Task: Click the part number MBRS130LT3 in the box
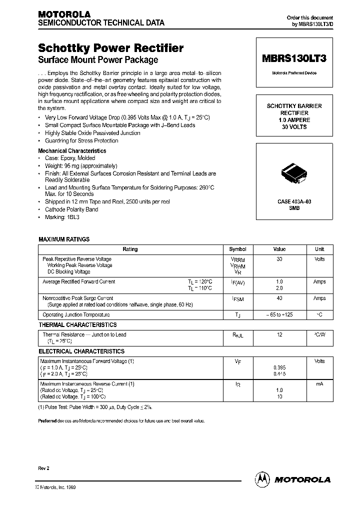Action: pos(294,58)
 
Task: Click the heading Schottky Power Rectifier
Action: pos(110,48)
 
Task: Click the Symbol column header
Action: pos(237,249)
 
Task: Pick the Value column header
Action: pos(279,249)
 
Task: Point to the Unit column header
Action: pos(319,249)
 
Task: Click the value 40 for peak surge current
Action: pos(279,298)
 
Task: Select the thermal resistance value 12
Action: pos(279,334)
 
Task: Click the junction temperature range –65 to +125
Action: pos(279,315)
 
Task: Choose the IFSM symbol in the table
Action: pos(237,299)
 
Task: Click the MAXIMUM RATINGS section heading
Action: pos(64,239)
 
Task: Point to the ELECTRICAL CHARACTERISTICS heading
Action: pos(81,351)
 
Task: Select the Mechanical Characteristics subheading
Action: pos(72,150)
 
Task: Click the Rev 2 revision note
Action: pos(44,467)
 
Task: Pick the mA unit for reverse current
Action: pos(319,384)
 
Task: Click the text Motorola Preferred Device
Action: pos(294,73)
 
